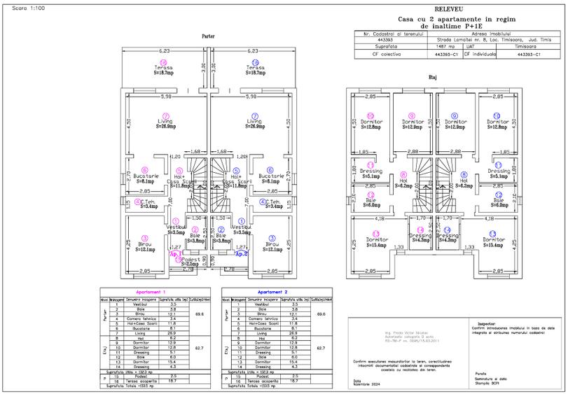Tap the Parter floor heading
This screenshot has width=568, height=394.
pos(208,36)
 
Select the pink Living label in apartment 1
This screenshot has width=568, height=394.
pos(165,122)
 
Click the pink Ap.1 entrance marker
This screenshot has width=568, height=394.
pos(174,254)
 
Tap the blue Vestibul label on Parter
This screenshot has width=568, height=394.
pos(240,227)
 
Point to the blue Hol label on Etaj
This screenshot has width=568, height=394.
pos(463,181)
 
